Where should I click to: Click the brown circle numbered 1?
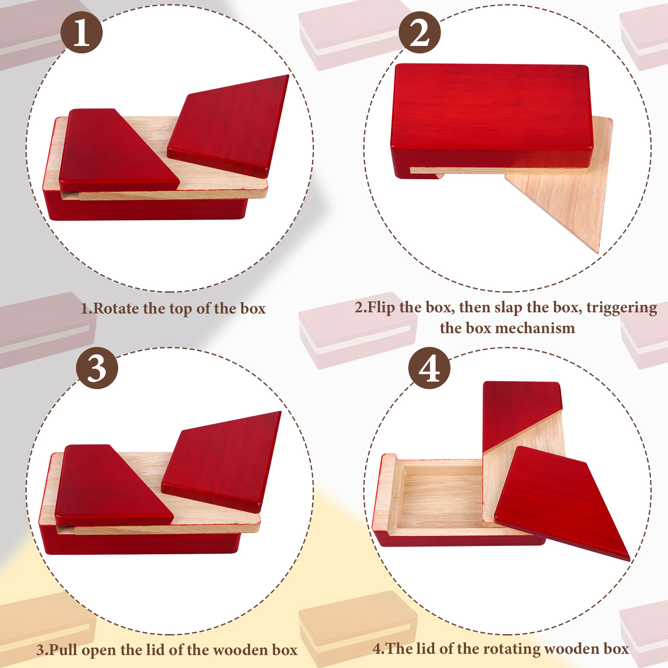coord(81,32)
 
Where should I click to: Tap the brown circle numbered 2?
coord(420,32)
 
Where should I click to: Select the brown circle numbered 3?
coord(97,368)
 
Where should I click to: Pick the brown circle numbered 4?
coord(429,368)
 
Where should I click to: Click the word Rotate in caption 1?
coord(116,309)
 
